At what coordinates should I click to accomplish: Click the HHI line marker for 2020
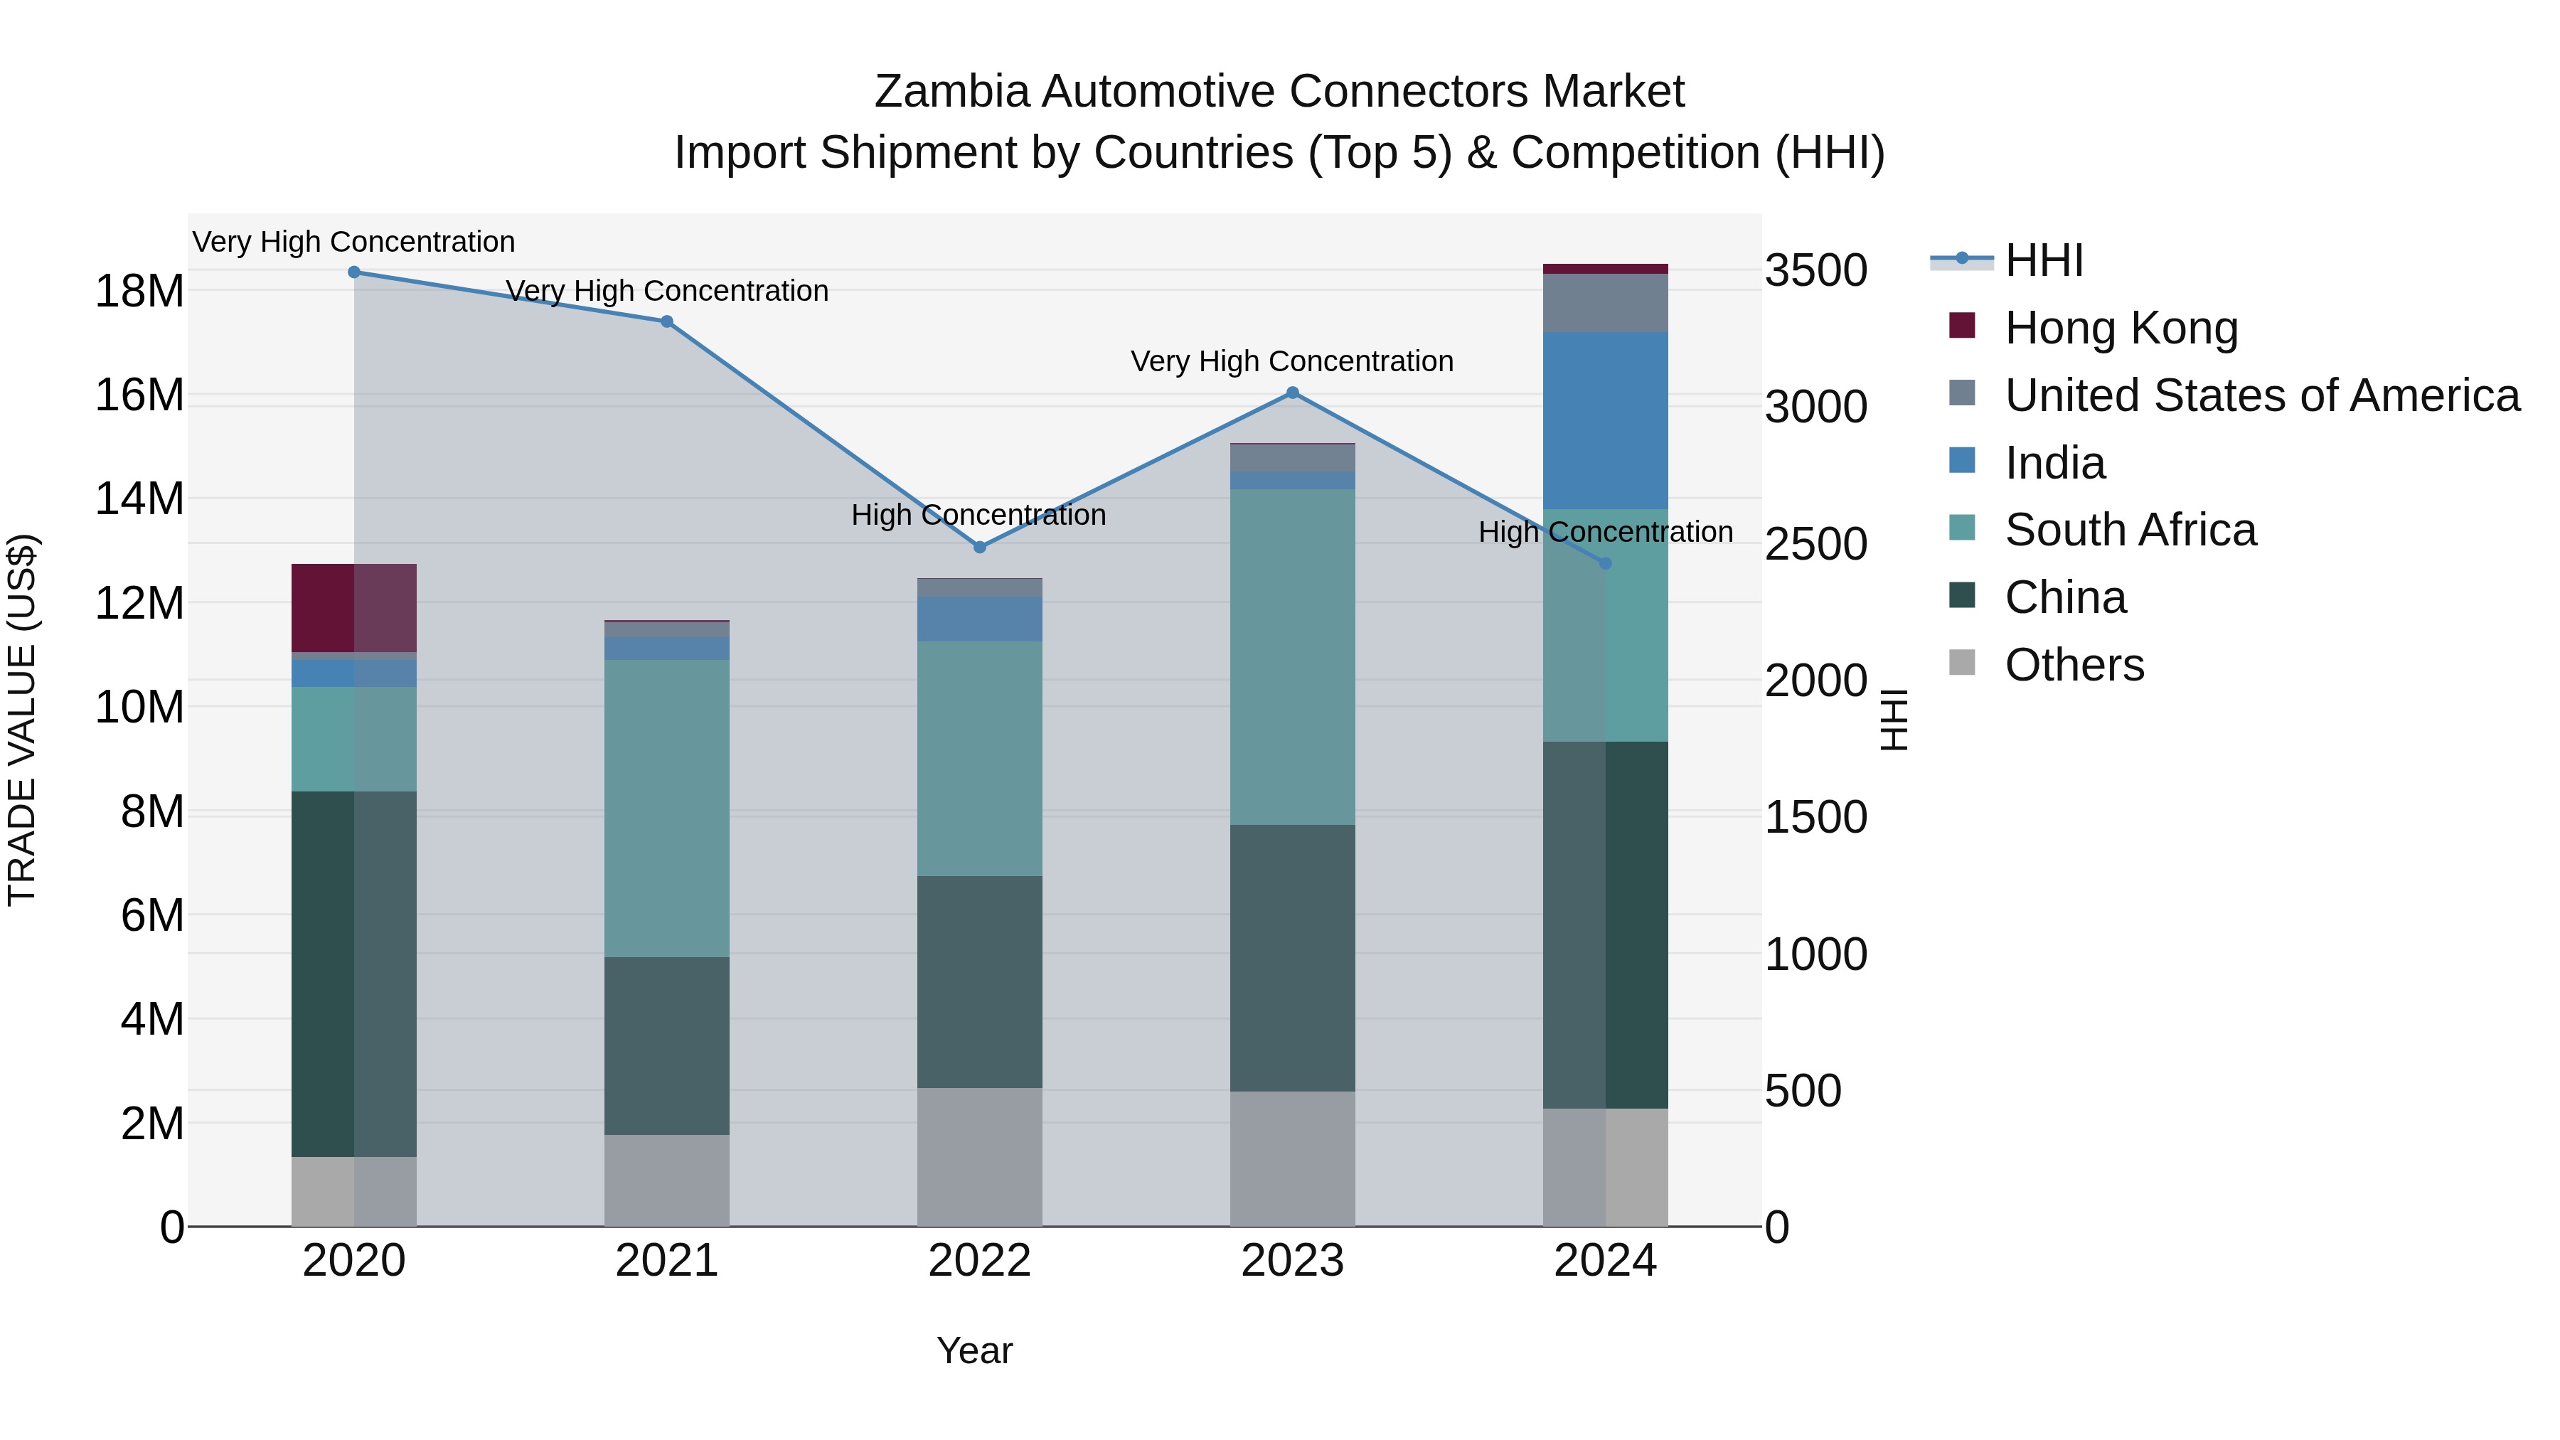[354, 272]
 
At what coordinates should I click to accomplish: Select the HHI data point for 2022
[979, 547]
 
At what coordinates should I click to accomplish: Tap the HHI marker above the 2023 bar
[1292, 393]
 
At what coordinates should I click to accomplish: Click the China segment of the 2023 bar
[1292, 958]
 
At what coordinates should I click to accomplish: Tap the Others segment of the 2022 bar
[979, 1157]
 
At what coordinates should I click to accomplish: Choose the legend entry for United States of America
[2261, 395]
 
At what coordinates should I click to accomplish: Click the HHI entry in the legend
[2042, 260]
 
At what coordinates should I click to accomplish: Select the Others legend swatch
[1962, 663]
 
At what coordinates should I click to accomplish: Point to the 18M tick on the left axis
[139, 291]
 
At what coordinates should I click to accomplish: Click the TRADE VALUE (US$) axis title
[22, 720]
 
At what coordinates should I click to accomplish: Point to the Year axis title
[974, 1350]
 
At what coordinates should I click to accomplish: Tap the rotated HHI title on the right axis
[1894, 720]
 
